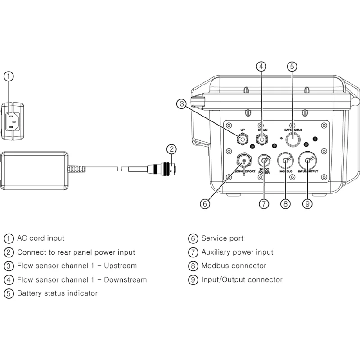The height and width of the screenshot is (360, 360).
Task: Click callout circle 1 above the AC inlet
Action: point(9,76)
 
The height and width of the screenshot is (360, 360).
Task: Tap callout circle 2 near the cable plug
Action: point(171,149)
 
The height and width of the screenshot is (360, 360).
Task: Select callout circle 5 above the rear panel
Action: point(292,67)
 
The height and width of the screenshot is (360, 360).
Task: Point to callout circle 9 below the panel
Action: point(307,204)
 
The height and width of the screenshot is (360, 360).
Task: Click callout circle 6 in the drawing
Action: point(205,204)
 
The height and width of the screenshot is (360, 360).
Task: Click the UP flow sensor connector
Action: point(243,139)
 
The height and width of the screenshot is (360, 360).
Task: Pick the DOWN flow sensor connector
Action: point(261,139)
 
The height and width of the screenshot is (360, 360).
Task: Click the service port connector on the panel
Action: point(243,160)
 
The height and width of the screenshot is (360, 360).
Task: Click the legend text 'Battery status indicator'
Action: point(57,293)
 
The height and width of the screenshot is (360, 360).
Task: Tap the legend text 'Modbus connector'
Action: point(234,265)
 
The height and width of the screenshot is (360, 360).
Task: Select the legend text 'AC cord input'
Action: point(40,238)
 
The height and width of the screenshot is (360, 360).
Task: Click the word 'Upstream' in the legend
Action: point(120,265)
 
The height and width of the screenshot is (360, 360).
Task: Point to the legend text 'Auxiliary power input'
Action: point(237,252)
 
